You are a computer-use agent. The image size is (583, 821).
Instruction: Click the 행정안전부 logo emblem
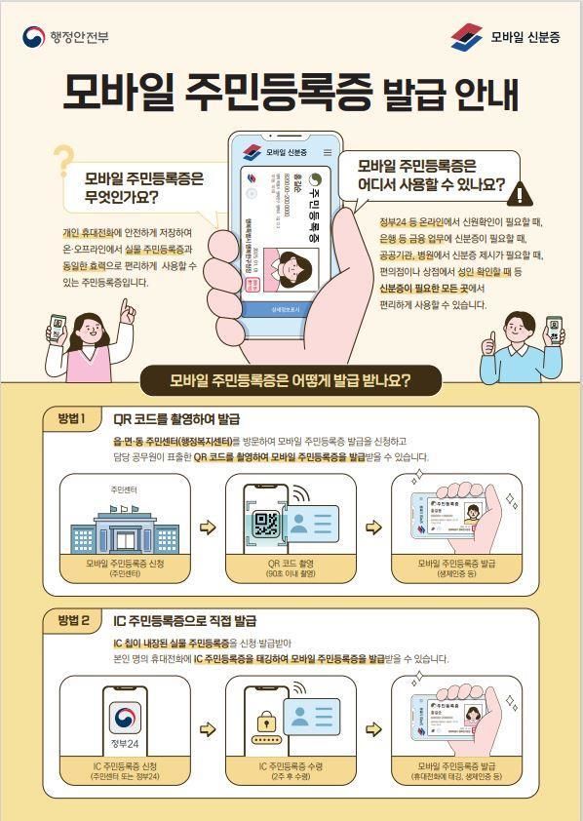[32, 37]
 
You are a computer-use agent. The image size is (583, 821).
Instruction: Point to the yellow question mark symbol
[63, 161]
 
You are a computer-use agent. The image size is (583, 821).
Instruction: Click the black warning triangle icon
[523, 193]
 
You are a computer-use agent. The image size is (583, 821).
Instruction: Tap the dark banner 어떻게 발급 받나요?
[291, 380]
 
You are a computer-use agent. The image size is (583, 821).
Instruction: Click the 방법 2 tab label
[72, 619]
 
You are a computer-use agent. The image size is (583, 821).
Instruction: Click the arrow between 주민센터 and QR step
[207, 528]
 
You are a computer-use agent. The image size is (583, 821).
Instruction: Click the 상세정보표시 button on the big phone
[288, 310]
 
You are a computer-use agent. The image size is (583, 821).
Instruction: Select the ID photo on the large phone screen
[291, 267]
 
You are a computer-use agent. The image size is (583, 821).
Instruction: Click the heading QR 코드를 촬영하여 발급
[176, 419]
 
